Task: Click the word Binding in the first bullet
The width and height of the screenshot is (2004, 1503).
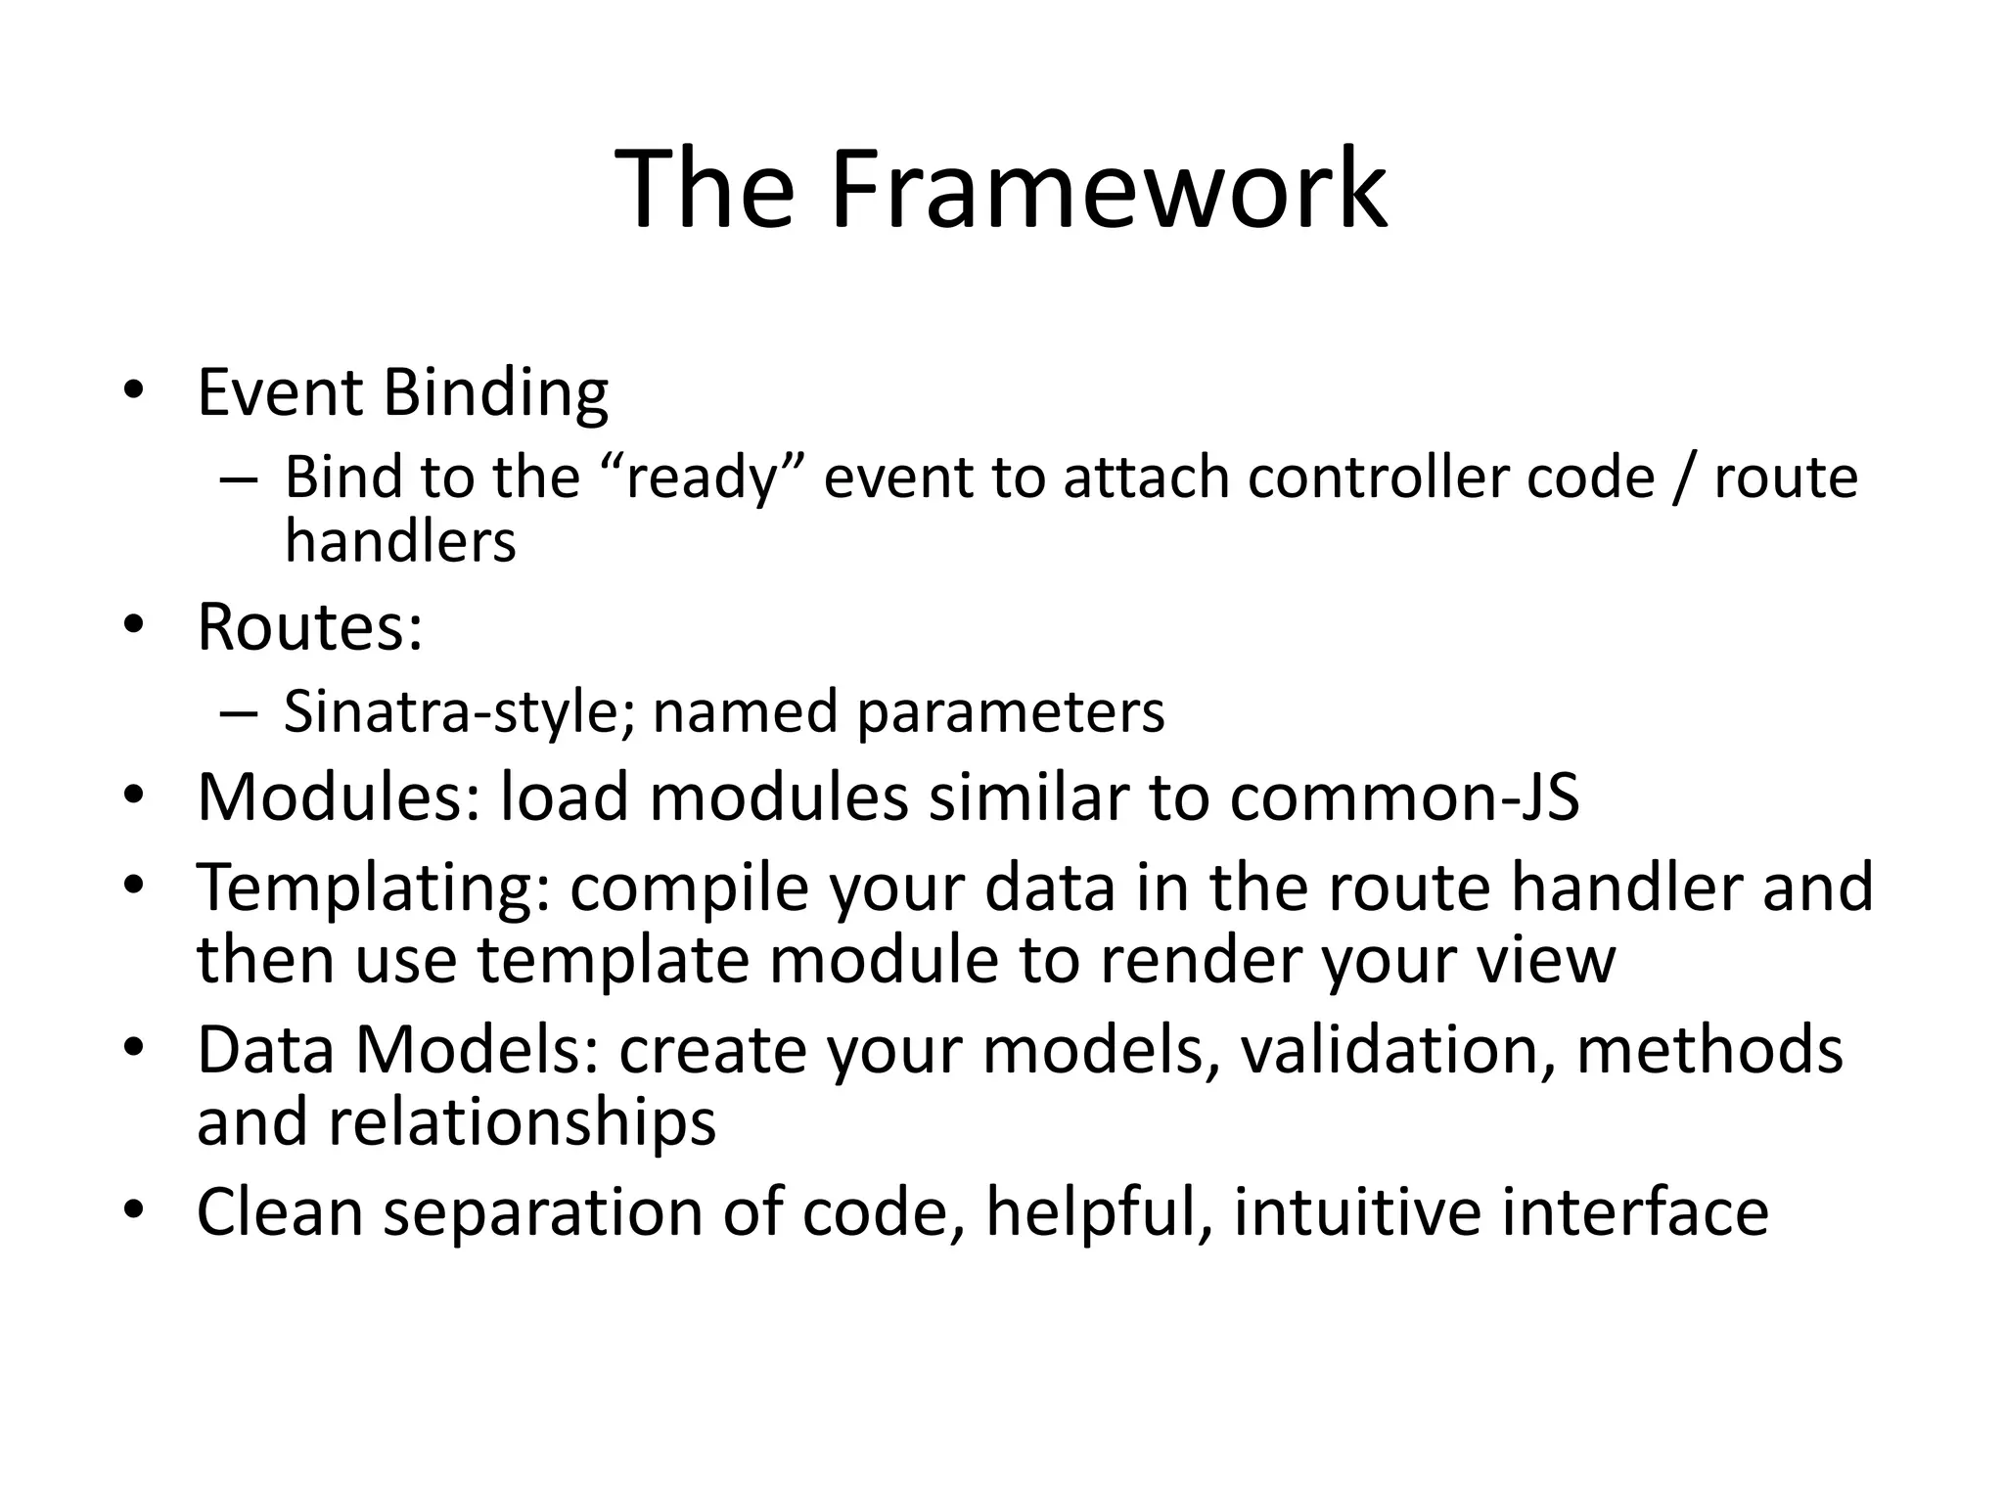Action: click(x=495, y=392)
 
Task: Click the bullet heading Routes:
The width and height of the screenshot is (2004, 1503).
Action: click(x=310, y=626)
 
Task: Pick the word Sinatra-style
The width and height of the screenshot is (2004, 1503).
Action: click(x=459, y=711)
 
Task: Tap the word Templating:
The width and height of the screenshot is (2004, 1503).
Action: click(x=374, y=887)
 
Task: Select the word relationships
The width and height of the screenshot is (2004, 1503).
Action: click(x=522, y=1121)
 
